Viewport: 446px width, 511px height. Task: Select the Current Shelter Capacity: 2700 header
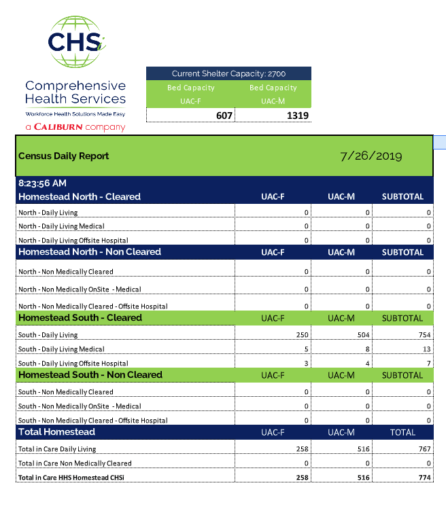click(x=228, y=73)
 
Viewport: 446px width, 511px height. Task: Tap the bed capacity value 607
click(x=224, y=116)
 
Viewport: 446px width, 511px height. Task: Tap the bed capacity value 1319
click(x=298, y=116)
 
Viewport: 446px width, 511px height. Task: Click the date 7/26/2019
click(x=371, y=156)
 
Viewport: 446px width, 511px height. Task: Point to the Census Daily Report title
click(x=64, y=156)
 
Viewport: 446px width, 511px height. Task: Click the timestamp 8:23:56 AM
click(x=42, y=183)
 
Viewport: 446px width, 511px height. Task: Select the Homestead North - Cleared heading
click(x=80, y=197)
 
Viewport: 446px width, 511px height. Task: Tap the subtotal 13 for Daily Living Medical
click(x=426, y=349)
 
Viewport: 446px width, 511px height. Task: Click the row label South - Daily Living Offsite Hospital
click(x=73, y=364)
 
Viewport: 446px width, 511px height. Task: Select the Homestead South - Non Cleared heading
click(x=90, y=374)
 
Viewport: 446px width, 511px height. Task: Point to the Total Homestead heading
click(x=56, y=431)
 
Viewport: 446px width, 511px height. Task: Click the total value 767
click(x=422, y=449)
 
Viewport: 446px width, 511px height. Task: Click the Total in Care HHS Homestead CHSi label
click(x=71, y=478)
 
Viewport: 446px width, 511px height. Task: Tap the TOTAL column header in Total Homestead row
click(x=402, y=432)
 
